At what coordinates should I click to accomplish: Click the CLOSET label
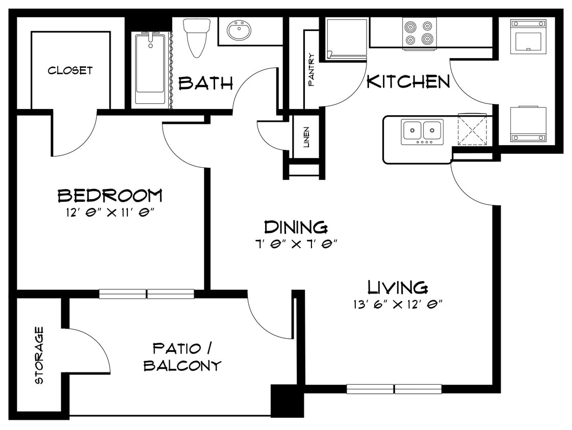click(x=70, y=70)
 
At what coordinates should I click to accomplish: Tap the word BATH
click(x=205, y=83)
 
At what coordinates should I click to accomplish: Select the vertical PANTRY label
click(x=311, y=69)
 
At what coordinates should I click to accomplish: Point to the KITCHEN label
click(x=408, y=82)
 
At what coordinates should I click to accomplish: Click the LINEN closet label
click(x=306, y=137)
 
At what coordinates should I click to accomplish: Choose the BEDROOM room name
click(x=110, y=195)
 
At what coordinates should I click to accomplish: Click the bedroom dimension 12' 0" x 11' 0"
click(x=110, y=211)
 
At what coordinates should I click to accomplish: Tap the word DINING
click(x=295, y=227)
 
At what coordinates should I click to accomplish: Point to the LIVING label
click(x=398, y=287)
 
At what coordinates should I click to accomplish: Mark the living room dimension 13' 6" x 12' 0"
click(x=398, y=305)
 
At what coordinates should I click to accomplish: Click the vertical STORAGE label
click(x=39, y=355)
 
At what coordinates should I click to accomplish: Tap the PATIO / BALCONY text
click(x=182, y=357)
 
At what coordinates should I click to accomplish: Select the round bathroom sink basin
click(x=239, y=32)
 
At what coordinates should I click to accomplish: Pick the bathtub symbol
click(x=150, y=69)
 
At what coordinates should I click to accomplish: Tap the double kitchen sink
click(x=422, y=131)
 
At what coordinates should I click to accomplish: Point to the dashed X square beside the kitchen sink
click(x=473, y=129)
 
